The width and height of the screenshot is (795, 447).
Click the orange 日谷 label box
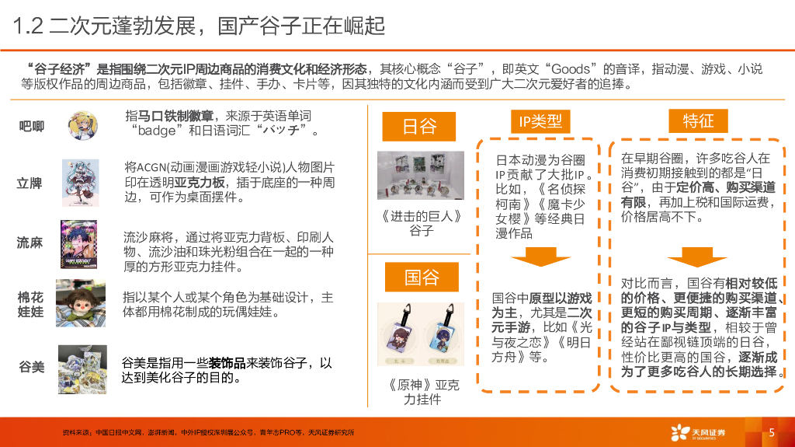click(x=418, y=126)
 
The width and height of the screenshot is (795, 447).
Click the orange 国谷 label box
click(x=422, y=277)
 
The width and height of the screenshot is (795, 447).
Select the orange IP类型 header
click(x=540, y=121)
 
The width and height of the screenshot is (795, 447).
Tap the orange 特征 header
click(x=698, y=121)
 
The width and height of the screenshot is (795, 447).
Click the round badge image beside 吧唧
click(x=82, y=125)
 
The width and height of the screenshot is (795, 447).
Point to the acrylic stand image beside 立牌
click(x=80, y=183)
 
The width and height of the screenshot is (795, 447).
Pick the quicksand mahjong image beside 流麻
click(x=78, y=244)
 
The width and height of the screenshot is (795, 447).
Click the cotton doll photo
click(x=81, y=302)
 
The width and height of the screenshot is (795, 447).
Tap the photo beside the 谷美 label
click(x=82, y=369)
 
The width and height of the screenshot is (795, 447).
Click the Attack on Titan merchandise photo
click(x=421, y=175)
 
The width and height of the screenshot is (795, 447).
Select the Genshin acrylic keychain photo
click(x=421, y=334)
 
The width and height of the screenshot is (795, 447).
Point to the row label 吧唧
click(x=31, y=126)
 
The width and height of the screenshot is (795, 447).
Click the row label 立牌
click(x=30, y=183)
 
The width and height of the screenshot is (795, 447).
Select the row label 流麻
click(x=30, y=243)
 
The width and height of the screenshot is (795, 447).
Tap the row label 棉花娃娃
click(x=30, y=304)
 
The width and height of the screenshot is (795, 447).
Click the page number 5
click(x=772, y=432)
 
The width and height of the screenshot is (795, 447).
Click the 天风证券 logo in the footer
click(x=698, y=433)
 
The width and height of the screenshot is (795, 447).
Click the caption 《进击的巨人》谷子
click(x=422, y=224)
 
